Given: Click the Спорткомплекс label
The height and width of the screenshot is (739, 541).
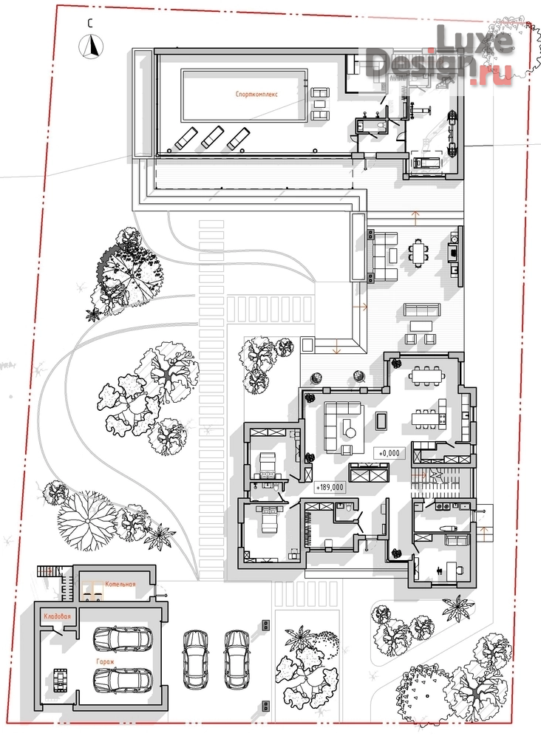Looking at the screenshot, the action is click(x=257, y=95).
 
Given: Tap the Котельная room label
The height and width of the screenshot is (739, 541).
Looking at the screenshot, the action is click(x=120, y=584).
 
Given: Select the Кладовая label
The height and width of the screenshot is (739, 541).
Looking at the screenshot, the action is click(x=57, y=616).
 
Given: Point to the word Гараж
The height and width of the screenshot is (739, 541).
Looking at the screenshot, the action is click(x=105, y=661).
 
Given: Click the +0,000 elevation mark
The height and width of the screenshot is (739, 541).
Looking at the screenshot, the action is click(x=389, y=454).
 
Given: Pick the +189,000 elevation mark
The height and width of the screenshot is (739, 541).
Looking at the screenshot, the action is click(x=330, y=487).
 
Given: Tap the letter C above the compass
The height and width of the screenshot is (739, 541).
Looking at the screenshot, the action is click(x=90, y=24).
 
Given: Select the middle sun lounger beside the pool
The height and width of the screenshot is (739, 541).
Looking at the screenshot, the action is click(x=212, y=137).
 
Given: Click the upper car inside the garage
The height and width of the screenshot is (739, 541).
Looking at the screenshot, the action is click(x=123, y=638).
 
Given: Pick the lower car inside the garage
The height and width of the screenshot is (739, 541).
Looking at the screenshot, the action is click(x=123, y=680).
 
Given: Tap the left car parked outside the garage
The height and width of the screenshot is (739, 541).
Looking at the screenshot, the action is click(x=195, y=659).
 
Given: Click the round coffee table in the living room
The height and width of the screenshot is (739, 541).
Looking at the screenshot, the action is click(x=350, y=431).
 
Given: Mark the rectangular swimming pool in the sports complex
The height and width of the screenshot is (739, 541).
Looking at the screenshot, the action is click(x=244, y=95).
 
